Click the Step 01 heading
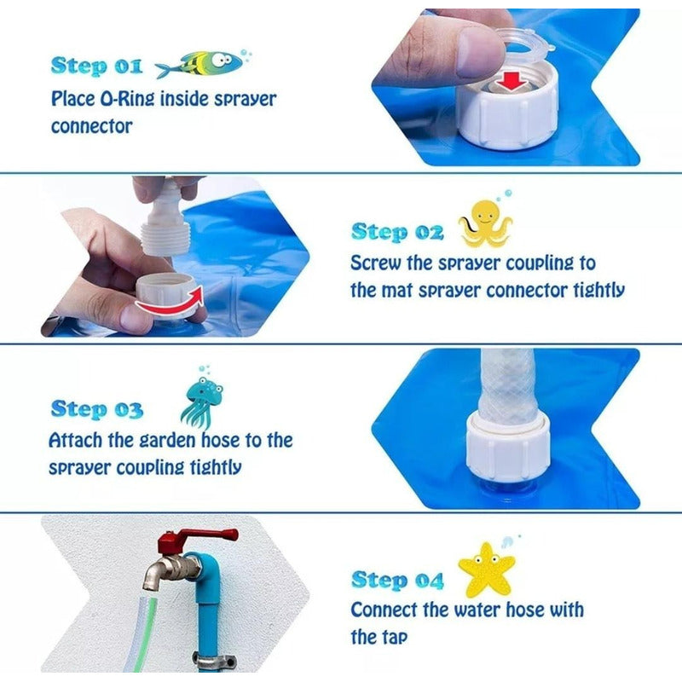tap(96, 66)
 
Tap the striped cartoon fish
tap(199, 64)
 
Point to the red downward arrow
tap(512, 81)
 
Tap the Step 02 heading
tap(397, 232)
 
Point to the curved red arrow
tap(170, 303)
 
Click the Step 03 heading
tap(96, 410)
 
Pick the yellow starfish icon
tap(486, 569)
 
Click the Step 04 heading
tap(397, 581)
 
